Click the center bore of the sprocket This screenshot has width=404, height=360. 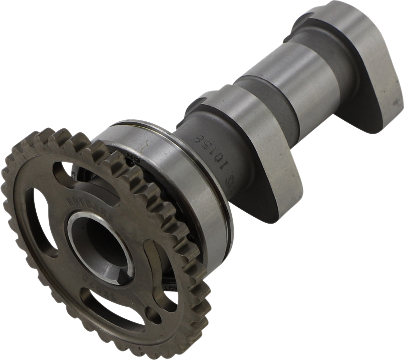pyautogui.click(x=100, y=249)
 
